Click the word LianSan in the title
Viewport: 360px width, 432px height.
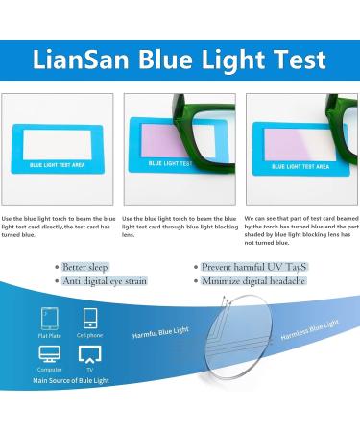point(85,60)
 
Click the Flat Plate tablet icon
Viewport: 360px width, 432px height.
point(48,318)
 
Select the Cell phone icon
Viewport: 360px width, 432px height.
point(90,318)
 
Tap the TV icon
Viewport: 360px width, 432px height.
point(89,353)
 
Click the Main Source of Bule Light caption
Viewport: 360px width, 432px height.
point(72,381)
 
